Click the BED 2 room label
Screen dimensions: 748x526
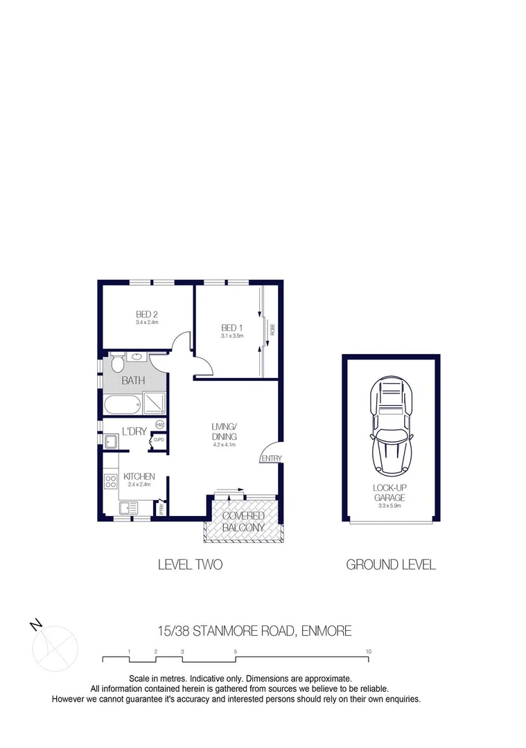[147, 314]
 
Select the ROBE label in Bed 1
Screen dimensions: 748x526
[272, 329]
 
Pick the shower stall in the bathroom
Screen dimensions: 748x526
[153, 402]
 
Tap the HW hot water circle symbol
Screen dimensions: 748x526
[159, 425]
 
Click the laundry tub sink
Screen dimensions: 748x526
[111, 440]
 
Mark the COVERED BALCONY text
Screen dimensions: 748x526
[243, 522]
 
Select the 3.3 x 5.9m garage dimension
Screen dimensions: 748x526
[391, 506]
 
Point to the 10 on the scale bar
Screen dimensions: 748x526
[369, 651]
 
